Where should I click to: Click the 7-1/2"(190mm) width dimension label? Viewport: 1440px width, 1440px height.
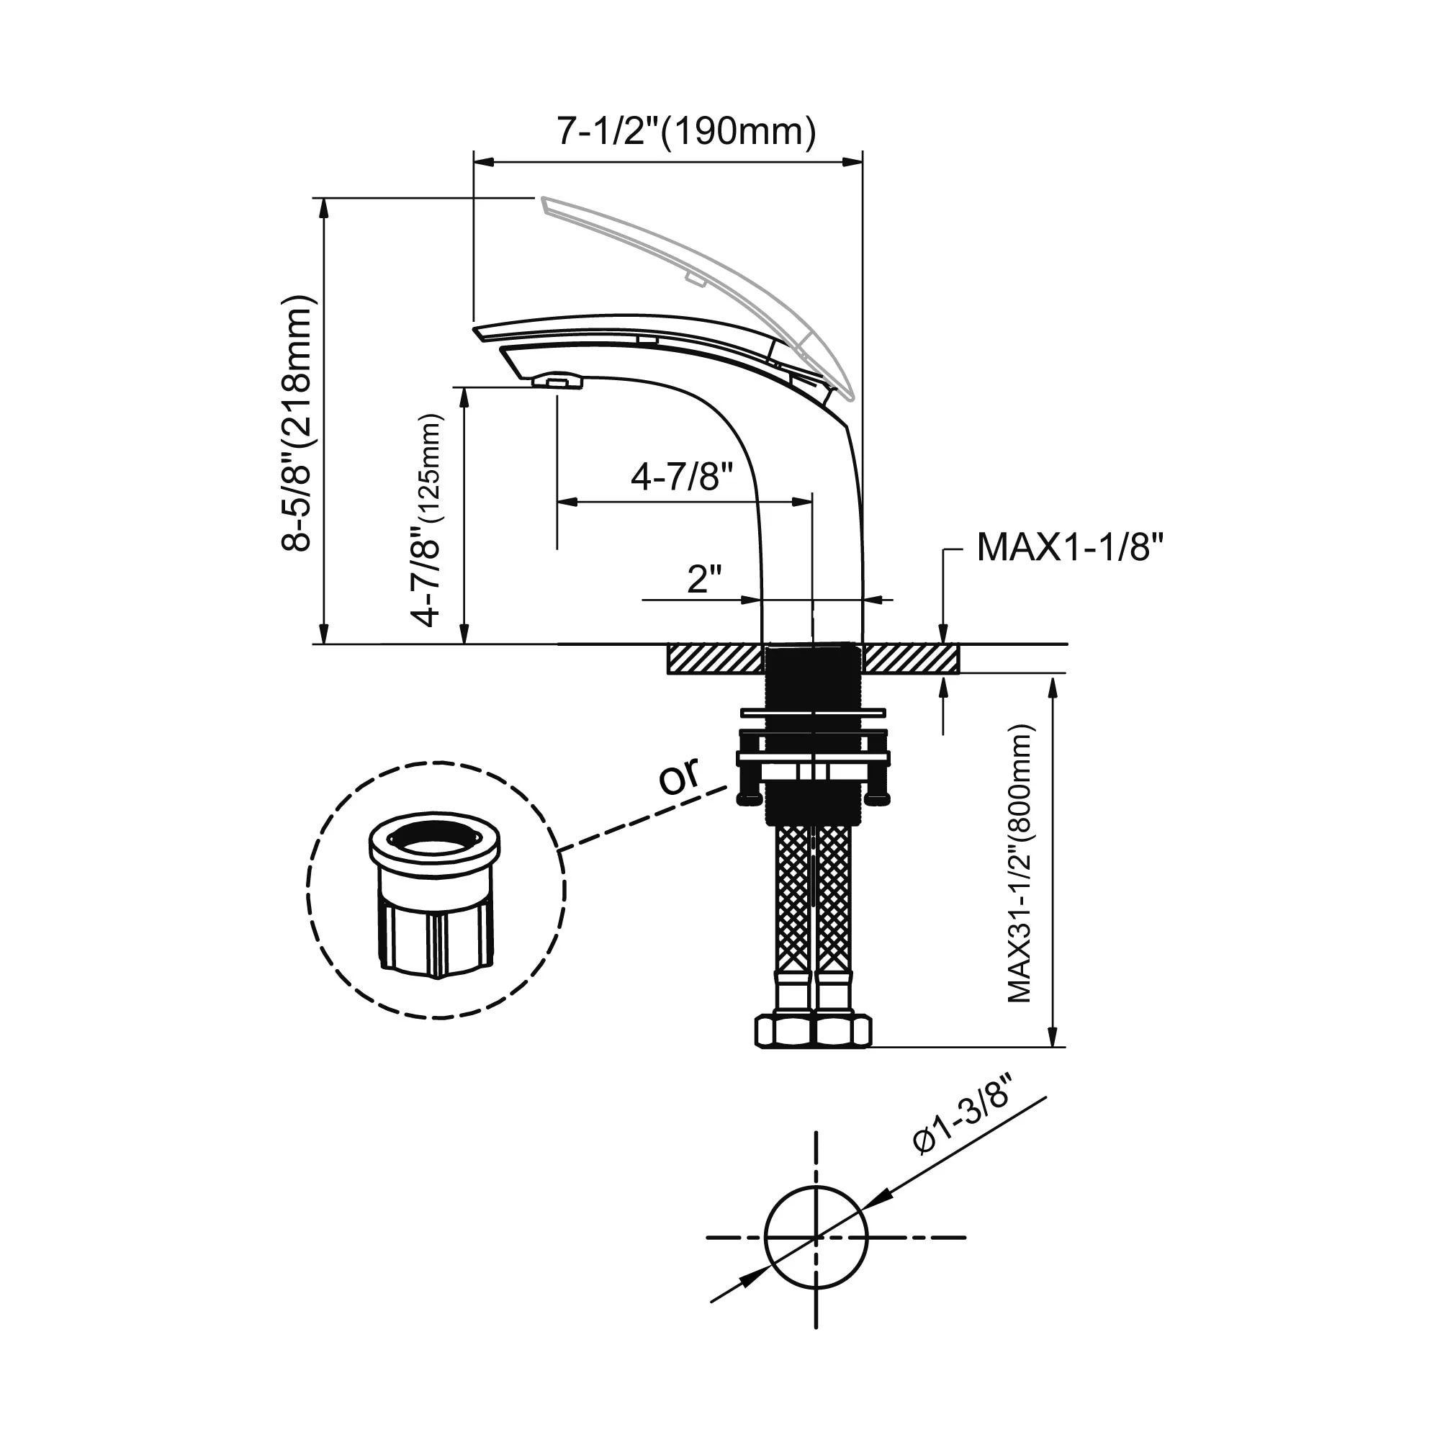(x=686, y=131)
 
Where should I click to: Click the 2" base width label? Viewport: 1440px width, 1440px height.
(x=704, y=578)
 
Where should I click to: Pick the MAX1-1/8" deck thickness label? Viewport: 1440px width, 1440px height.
(x=1070, y=548)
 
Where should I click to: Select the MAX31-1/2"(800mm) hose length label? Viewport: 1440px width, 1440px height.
(x=1020, y=864)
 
